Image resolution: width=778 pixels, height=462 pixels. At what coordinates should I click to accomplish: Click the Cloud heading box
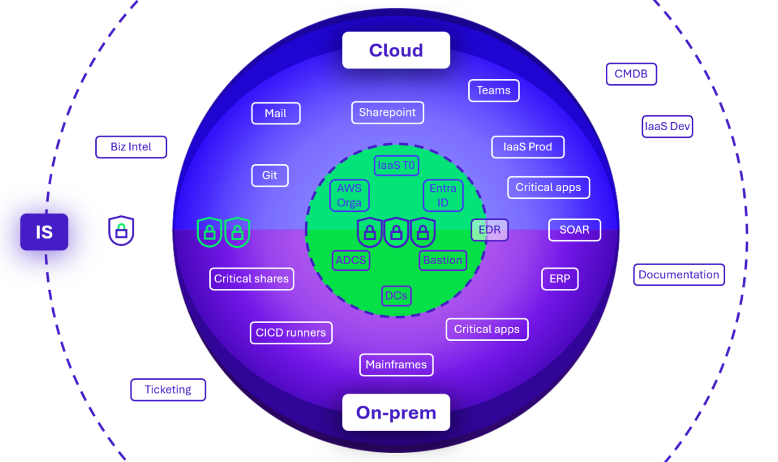pyautogui.click(x=396, y=50)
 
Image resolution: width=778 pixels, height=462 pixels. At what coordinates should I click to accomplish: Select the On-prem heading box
pyautogui.click(x=396, y=412)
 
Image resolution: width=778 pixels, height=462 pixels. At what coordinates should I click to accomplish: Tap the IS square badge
pyautogui.click(x=44, y=232)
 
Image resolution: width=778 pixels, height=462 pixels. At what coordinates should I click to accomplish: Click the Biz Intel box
pyautogui.click(x=131, y=147)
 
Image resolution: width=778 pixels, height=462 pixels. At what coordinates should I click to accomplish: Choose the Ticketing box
pyautogui.click(x=168, y=389)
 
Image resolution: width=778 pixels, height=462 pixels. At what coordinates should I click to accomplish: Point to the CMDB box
pyautogui.click(x=631, y=74)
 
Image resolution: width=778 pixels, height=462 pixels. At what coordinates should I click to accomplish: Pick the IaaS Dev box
pyautogui.click(x=667, y=126)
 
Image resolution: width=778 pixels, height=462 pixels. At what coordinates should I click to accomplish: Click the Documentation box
pyautogui.click(x=678, y=275)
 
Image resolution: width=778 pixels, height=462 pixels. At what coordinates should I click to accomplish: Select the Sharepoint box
pyautogui.click(x=387, y=112)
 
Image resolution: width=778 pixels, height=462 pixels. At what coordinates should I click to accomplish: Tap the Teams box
pyautogui.click(x=493, y=90)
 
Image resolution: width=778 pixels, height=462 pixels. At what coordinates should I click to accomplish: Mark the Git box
pyautogui.click(x=270, y=175)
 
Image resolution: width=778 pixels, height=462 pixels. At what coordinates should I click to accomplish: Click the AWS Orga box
pyautogui.click(x=349, y=195)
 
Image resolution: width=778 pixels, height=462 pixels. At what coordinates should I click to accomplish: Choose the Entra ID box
pyautogui.click(x=443, y=195)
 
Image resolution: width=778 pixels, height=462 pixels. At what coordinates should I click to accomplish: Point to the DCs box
pyautogui.click(x=396, y=295)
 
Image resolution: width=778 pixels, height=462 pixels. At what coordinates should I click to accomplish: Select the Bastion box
pyautogui.click(x=442, y=260)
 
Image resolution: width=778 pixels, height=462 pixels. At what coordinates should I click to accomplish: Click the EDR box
pyautogui.click(x=489, y=230)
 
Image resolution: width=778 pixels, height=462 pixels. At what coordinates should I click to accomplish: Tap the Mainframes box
pyautogui.click(x=396, y=365)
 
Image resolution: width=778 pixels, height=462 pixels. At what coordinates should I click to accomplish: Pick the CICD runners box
pyautogui.click(x=291, y=332)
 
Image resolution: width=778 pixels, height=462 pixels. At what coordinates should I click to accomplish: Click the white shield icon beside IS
pyautogui.click(x=121, y=230)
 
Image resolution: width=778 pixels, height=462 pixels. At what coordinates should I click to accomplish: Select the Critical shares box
pyautogui.click(x=251, y=279)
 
